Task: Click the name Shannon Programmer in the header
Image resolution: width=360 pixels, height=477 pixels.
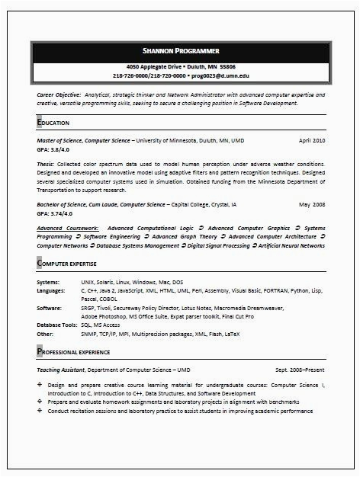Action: click(x=181, y=50)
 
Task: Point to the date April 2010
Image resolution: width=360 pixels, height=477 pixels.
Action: click(x=311, y=141)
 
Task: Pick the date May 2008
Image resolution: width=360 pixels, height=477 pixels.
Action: click(x=312, y=205)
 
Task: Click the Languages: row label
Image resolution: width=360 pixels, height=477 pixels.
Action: click(x=51, y=291)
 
